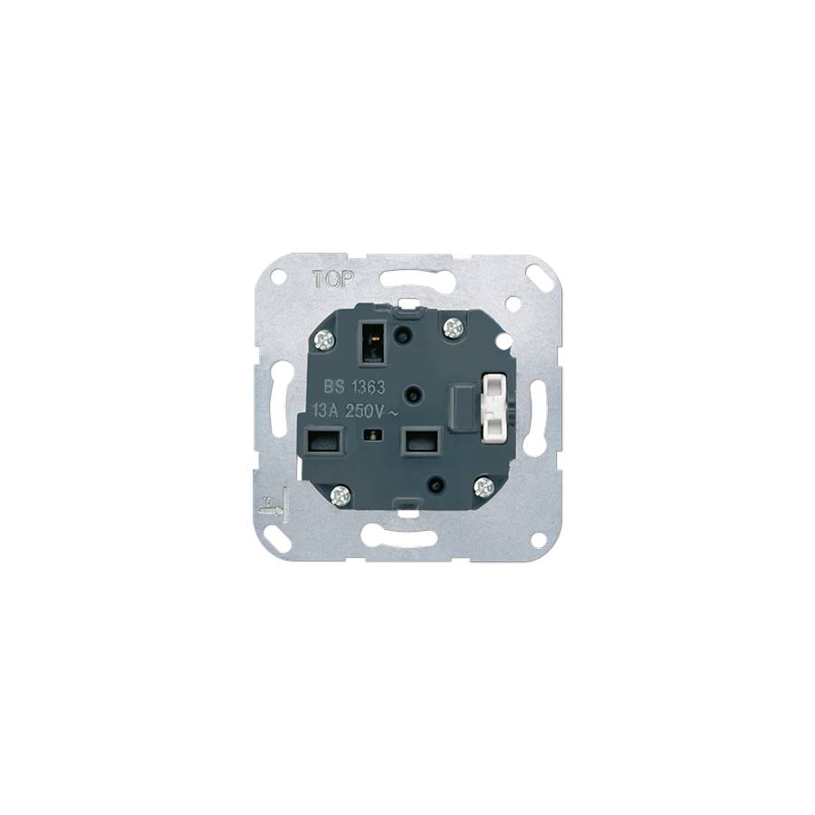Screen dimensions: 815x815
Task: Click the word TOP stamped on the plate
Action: click(x=333, y=280)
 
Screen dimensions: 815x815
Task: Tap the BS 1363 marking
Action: click(x=354, y=387)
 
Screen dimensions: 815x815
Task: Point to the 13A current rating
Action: click(x=325, y=410)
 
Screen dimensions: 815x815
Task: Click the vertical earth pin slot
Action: click(x=373, y=343)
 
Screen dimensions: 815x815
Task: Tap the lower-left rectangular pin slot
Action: click(x=325, y=441)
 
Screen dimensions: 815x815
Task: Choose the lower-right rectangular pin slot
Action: click(x=423, y=441)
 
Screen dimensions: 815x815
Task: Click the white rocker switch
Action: click(x=494, y=409)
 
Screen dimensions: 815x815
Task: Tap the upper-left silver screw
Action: click(x=325, y=341)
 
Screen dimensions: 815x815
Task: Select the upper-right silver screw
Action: click(x=454, y=328)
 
